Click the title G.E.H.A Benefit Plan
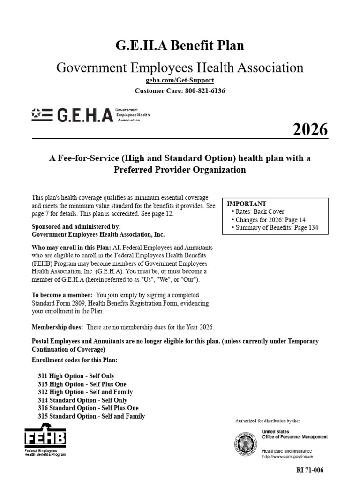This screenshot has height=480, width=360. tap(180, 46)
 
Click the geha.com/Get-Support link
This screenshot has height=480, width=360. tap(180, 81)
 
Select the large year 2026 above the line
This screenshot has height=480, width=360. tap(310, 129)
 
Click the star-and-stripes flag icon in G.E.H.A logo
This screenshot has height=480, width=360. tap(42, 114)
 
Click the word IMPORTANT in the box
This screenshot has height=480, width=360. tap(247, 204)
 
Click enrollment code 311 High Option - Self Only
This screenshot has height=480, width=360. tap(76, 376)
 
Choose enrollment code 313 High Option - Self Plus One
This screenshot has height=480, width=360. tap(82, 384)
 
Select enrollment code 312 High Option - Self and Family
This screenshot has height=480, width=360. tap(85, 392)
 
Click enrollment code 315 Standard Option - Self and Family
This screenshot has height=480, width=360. tap(91, 416)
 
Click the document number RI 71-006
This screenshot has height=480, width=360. tap(310, 470)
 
